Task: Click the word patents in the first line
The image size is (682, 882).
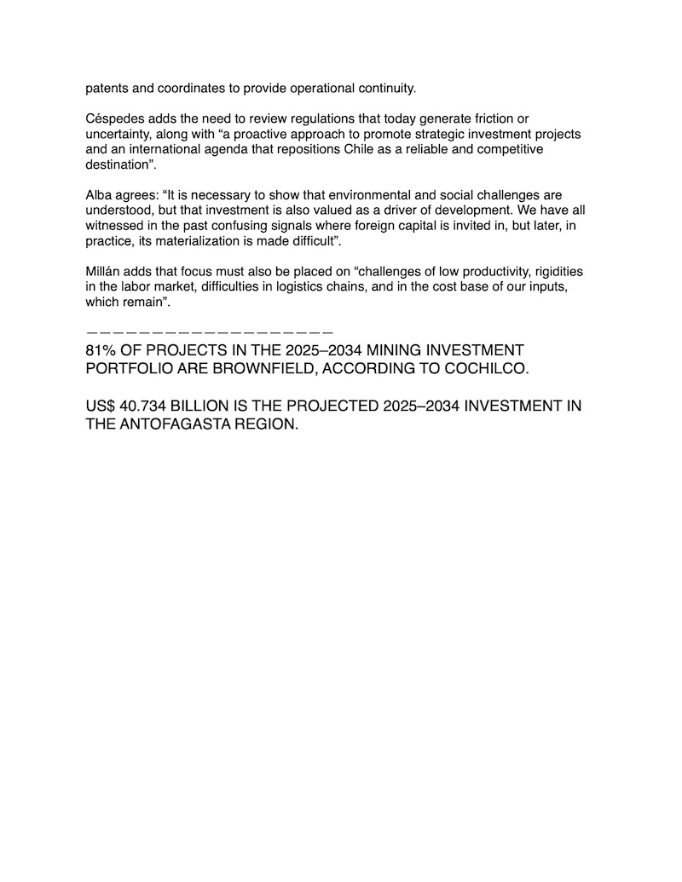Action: [107, 88]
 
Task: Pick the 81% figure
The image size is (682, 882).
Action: [102, 351]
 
